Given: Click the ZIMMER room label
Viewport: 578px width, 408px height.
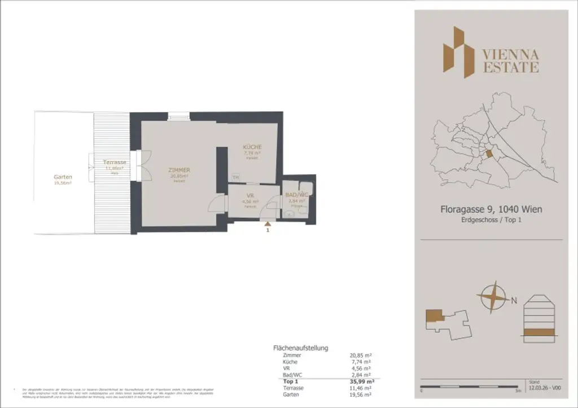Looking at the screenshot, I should (178, 170).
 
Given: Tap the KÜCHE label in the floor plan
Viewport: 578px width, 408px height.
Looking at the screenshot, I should (252, 147).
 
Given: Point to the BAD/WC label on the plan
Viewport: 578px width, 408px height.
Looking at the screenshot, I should (297, 195).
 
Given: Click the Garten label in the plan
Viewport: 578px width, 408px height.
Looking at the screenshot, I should (63, 177).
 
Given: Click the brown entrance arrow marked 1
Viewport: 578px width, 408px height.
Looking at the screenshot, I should (267, 224).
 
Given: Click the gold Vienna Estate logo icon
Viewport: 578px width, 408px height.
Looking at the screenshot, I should (458, 52).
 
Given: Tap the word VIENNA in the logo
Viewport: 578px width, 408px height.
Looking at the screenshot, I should (510, 55).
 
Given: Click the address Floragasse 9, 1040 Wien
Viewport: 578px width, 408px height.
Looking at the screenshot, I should (491, 209).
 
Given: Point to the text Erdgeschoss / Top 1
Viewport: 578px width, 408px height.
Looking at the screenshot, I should (491, 220).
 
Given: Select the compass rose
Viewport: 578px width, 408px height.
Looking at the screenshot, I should (492, 297).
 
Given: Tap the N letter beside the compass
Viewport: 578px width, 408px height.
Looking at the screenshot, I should (514, 301).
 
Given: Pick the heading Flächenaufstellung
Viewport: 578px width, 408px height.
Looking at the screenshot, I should (300, 348).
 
